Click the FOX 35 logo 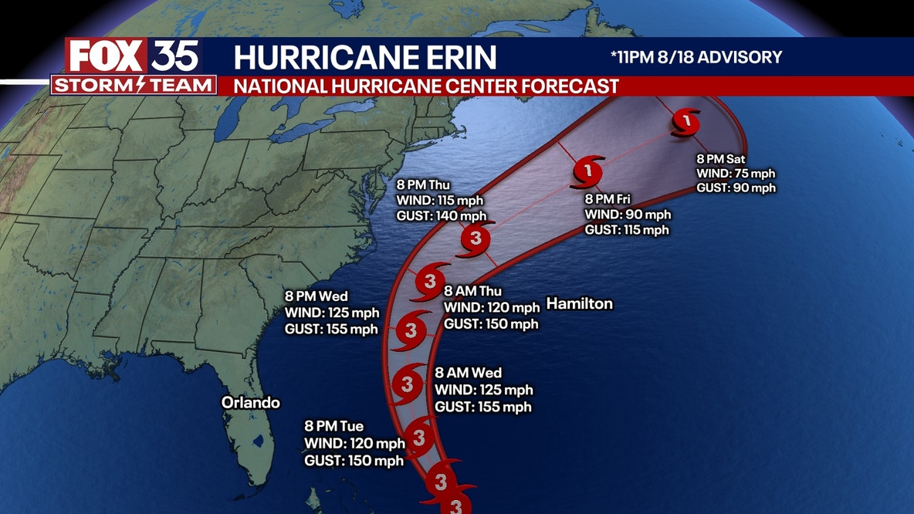point(133,56)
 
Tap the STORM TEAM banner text point(133,84)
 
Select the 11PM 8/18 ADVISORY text point(694,57)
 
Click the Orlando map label point(250,403)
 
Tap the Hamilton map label point(579,304)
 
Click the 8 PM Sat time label point(723,159)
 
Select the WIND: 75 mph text point(736,174)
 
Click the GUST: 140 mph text point(442,215)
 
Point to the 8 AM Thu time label point(472,292)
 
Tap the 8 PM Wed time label point(317,296)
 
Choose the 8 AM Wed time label point(469,374)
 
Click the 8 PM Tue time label point(333,427)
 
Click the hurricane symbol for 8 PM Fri point(588,171)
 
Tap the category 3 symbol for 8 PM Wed point(410,331)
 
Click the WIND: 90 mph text point(628,215)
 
